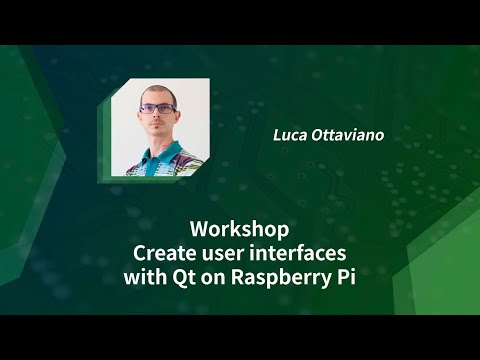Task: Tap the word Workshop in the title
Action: [239, 227]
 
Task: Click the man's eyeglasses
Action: [158, 109]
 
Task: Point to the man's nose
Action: [159, 117]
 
